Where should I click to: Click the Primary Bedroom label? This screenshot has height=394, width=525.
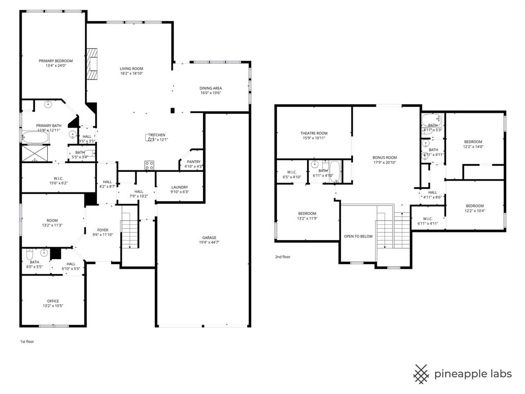[55, 61]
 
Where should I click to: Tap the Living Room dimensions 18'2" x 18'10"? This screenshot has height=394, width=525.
[132, 73]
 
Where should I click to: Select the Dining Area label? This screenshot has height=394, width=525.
[210, 88]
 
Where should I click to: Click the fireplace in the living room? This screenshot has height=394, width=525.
[92, 64]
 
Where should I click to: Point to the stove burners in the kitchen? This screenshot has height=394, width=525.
[150, 165]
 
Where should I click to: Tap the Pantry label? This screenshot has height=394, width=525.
[193, 162]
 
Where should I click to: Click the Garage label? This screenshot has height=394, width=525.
[209, 238]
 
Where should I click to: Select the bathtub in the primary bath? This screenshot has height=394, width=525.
[35, 137]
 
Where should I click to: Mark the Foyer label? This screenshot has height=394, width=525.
[103, 230]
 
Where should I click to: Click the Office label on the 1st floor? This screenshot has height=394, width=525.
[53, 301]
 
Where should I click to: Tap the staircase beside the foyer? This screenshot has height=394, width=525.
[130, 234]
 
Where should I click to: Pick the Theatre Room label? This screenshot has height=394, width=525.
[314, 133]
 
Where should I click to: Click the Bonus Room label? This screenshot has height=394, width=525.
[385, 157]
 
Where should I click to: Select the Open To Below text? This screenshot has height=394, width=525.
[358, 237]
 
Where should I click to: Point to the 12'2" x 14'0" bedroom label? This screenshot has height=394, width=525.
[473, 142]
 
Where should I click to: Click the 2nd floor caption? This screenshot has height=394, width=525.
[283, 257]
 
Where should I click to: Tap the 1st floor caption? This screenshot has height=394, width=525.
[27, 341]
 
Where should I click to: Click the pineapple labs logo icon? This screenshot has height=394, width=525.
[421, 374]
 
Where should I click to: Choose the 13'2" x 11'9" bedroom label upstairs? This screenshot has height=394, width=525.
[307, 213]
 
